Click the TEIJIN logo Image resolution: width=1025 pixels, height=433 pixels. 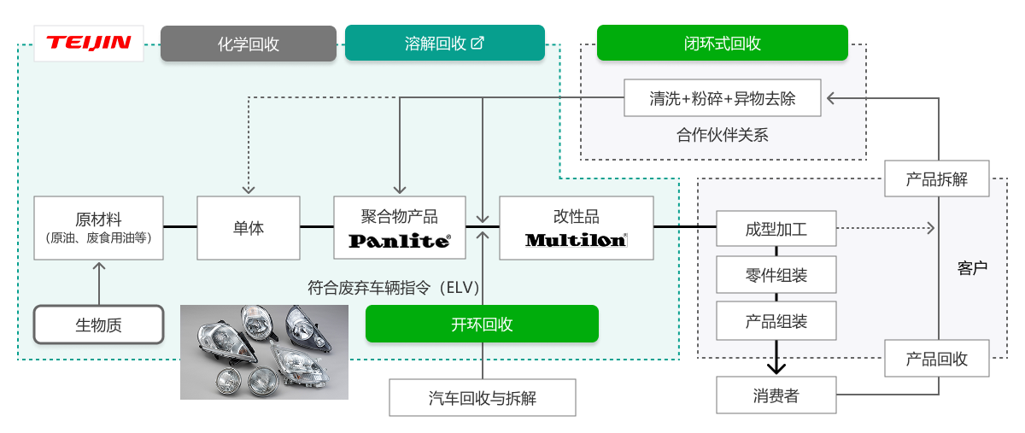click(89, 43)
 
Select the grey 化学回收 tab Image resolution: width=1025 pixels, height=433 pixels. click(248, 44)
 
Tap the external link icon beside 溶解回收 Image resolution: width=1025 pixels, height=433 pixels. click(478, 43)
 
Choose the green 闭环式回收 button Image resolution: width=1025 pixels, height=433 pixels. click(722, 43)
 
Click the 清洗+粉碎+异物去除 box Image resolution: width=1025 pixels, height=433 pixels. click(723, 98)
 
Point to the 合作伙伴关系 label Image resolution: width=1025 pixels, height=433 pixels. click(723, 135)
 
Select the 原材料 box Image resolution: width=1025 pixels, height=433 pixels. click(98, 227)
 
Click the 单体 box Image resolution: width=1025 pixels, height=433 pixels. click(249, 228)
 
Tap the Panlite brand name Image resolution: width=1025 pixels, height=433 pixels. click(399, 241)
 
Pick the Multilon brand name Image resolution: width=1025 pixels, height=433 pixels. click(576, 240)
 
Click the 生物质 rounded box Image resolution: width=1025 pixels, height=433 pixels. click(98, 325)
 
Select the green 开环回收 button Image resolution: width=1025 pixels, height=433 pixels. click(482, 324)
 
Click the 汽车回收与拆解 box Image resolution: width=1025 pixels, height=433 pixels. click(482, 398)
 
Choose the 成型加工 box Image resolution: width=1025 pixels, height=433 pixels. click(776, 229)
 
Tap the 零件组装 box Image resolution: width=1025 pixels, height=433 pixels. click(776, 275)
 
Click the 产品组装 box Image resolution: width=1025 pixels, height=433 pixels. click(776, 321)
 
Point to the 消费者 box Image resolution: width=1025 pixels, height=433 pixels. click(776, 395)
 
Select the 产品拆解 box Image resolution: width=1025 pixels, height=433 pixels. click(937, 179)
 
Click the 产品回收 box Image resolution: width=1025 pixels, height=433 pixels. click(937, 359)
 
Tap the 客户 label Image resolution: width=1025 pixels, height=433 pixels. click(972, 268)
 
